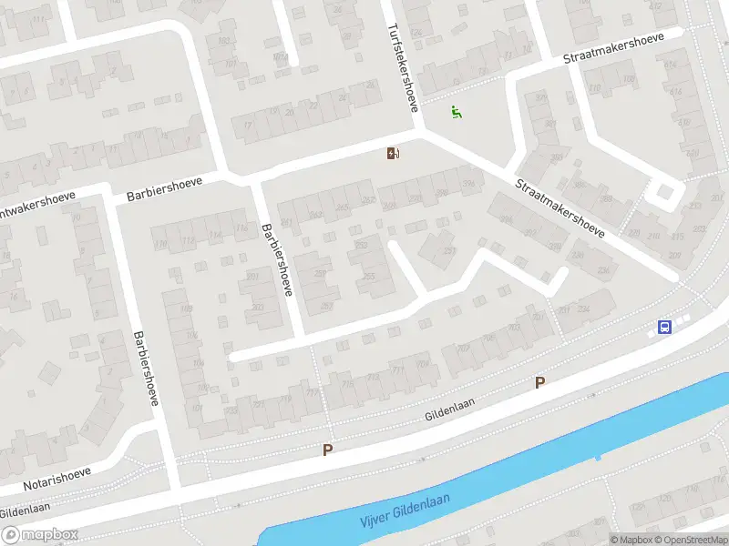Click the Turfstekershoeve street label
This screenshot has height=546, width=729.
tap(404, 66)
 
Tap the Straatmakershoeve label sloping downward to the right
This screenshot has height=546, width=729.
tap(560, 208)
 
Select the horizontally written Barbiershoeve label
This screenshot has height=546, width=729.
tap(164, 189)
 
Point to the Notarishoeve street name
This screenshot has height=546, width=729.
tap(56, 477)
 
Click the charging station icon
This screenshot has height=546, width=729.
tap(393, 154)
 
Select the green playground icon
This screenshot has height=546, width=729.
tap(457, 113)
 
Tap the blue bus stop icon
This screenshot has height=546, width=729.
tap(665, 328)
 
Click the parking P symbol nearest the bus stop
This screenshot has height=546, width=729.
tap(540, 383)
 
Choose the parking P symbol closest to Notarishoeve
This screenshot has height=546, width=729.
tap(327, 450)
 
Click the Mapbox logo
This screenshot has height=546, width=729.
tap(38, 535)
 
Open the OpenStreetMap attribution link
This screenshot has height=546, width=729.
tap(690, 540)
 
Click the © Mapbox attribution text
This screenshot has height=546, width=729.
tap(630, 540)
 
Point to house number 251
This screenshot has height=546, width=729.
tap(448, 251)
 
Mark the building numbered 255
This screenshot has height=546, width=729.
tap(369, 277)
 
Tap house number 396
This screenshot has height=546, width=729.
tap(469, 185)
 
